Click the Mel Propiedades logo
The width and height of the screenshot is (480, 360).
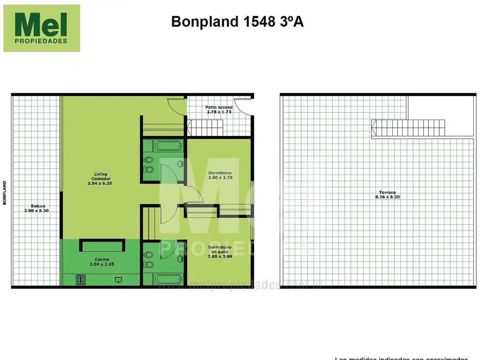(41, 28)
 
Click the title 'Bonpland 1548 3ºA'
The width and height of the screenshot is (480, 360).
(237, 22)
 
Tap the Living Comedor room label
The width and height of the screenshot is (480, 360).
(99, 176)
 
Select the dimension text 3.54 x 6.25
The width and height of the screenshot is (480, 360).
(99, 183)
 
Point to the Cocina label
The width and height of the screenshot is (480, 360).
(102, 259)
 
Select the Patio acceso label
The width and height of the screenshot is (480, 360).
(219, 107)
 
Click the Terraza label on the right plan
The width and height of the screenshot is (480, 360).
(387, 192)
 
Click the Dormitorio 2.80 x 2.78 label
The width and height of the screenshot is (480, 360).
(220, 175)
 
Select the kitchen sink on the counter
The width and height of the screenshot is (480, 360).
(119, 280)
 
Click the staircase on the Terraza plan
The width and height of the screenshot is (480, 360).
(403, 128)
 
